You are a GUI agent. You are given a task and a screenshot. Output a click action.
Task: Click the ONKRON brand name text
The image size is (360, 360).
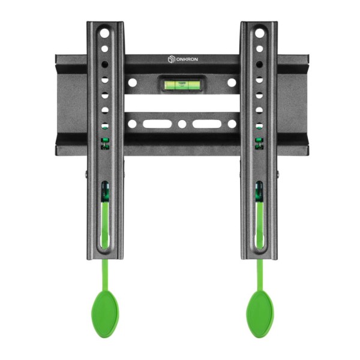point(187,59)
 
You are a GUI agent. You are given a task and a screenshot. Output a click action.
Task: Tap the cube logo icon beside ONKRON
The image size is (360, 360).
point(171,59)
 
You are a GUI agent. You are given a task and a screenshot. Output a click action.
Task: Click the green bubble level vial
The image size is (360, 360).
point(182,85)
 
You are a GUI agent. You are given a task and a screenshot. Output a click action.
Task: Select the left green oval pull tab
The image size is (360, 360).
point(105,314)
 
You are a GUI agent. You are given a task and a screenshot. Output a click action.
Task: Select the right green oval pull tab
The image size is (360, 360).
point(260,314)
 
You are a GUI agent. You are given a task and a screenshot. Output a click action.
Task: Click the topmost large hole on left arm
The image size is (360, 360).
point(104,33)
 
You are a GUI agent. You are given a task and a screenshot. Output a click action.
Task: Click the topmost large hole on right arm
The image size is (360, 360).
point(259,33)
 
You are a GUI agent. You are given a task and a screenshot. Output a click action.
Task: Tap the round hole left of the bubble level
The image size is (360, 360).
point(133,83)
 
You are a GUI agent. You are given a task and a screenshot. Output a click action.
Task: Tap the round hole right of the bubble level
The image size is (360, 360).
point(232,83)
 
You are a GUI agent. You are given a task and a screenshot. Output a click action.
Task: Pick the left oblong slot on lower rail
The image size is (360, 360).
point(157,124)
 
